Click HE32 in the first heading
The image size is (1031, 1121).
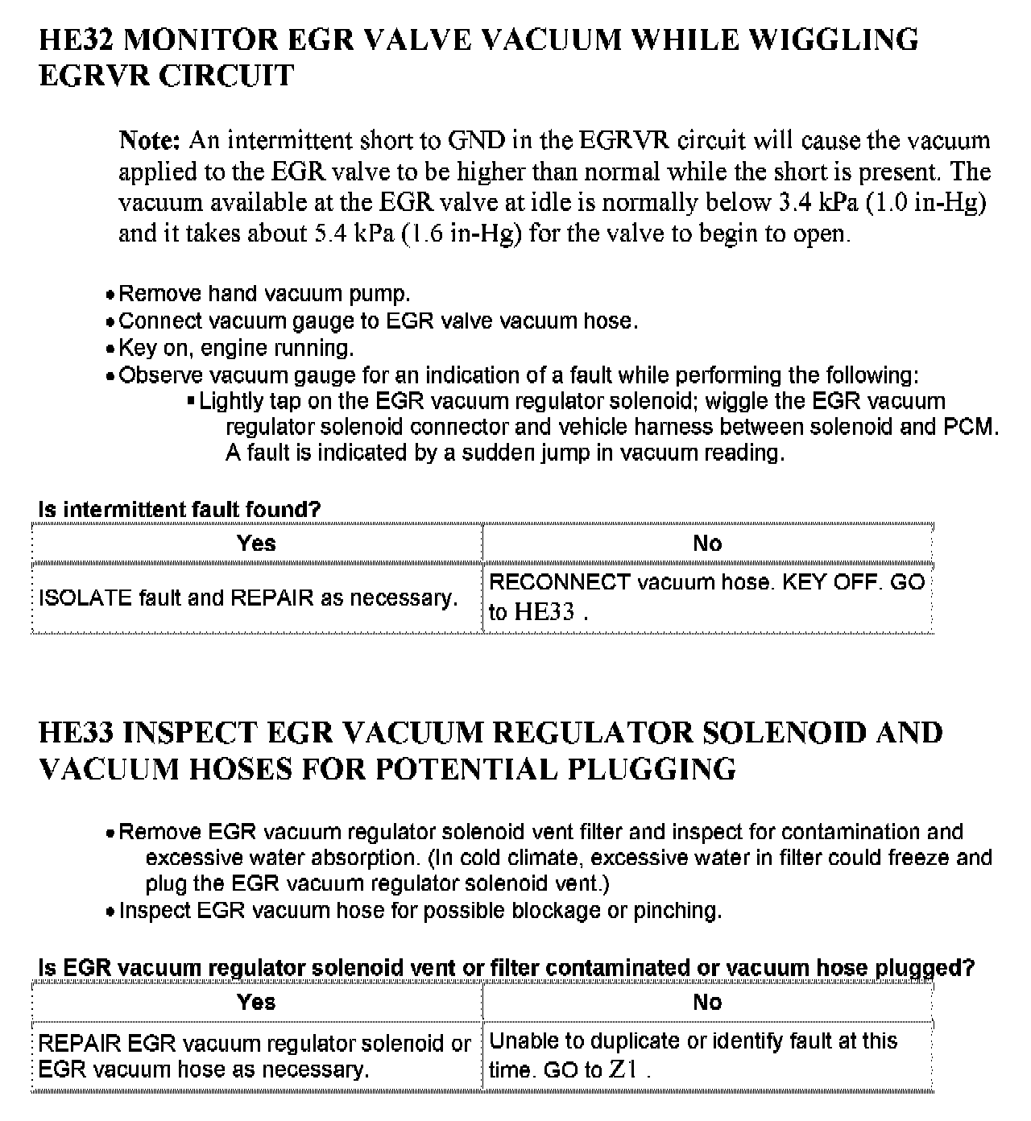77,39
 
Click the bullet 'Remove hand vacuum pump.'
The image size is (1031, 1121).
264,294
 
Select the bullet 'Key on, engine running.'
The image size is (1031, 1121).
236,348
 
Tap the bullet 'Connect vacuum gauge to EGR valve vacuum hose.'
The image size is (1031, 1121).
378,321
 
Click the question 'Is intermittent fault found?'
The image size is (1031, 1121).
179,510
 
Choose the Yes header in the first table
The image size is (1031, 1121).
256,544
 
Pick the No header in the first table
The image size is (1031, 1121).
707,544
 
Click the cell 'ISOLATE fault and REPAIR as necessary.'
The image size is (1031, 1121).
248,598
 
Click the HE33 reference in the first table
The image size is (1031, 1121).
544,612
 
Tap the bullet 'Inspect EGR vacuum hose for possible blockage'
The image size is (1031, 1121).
420,911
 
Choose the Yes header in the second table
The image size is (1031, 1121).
256,1003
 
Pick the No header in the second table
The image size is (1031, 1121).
707,1003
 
